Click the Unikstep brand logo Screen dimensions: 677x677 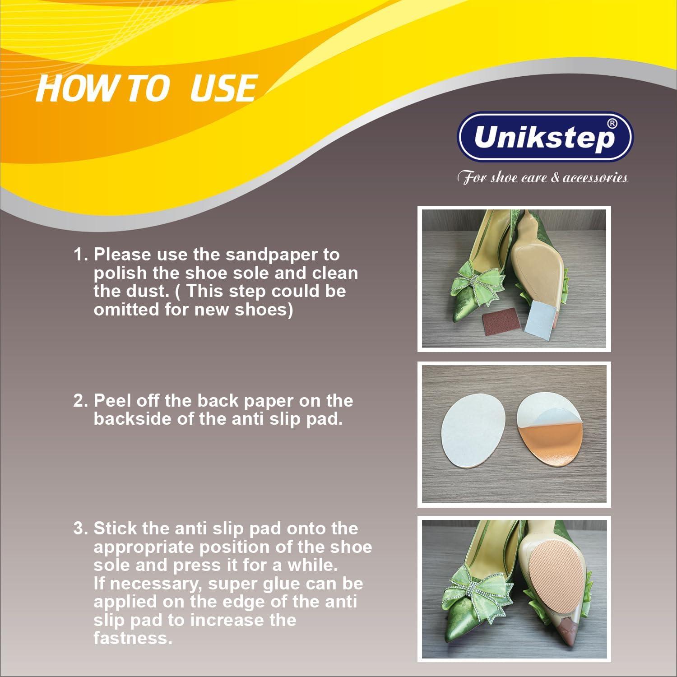(x=545, y=137)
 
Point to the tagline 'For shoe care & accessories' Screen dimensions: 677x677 (x=543, y=177)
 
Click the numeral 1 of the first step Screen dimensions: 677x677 (x=79, y=255)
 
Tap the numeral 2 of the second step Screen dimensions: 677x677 (x=79, y=401)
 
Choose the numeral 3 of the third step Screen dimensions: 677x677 (x=79, y=529)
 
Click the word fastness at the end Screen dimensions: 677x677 (x=133, y=638)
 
